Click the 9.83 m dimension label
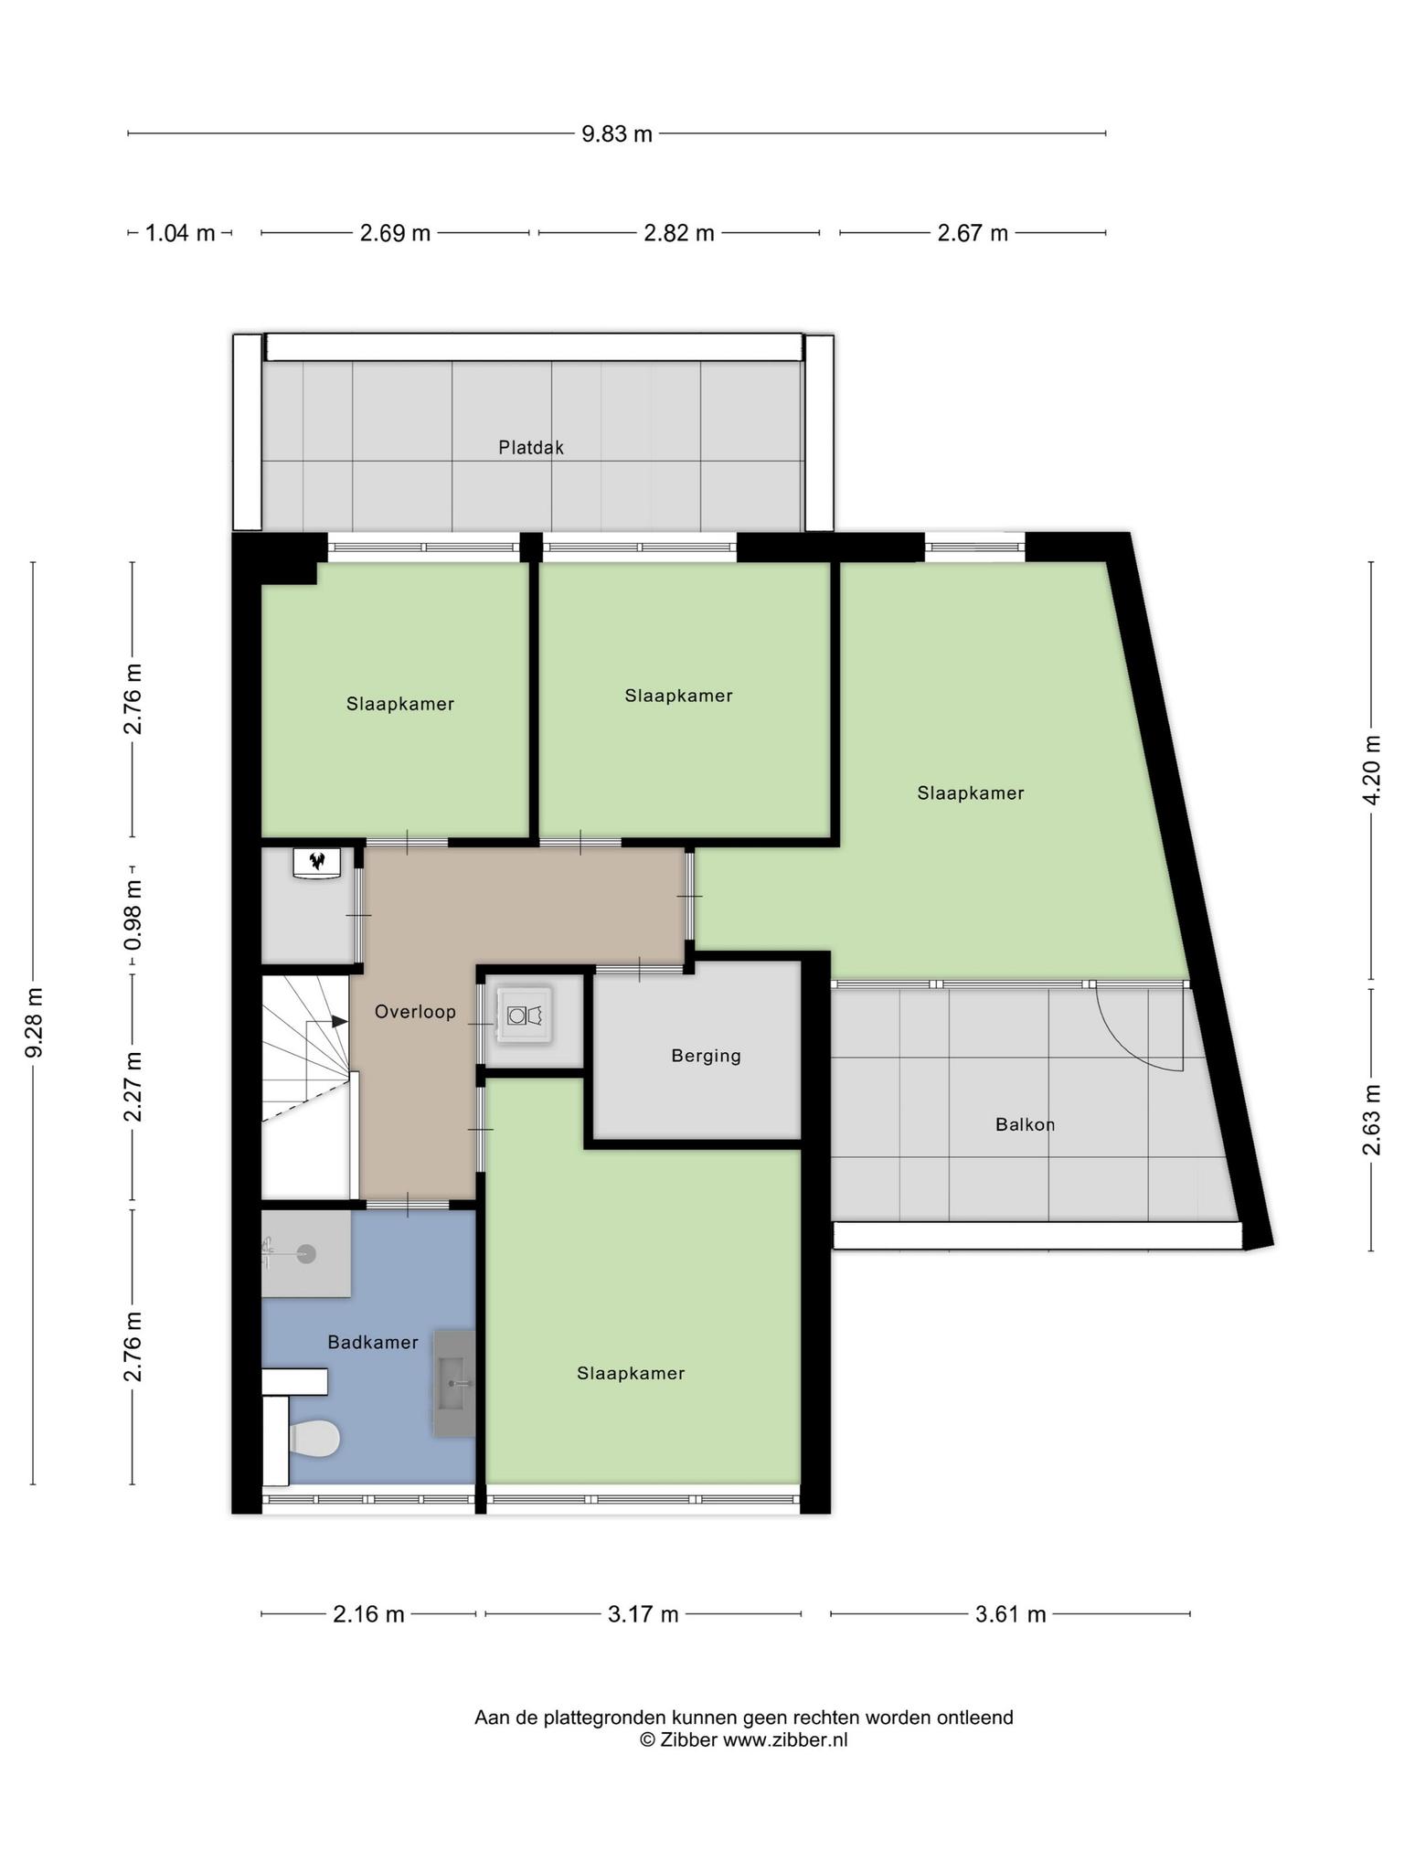tap(617, 134)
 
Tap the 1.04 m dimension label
tap(180, 233)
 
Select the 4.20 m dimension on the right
tap(1371, 770)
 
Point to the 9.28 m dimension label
tap(34, 1023)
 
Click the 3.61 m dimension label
tap(1010, 1614)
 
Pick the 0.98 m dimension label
tap(133, 914)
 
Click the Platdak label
tap(531, 448)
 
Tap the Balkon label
tap(1025, 1124)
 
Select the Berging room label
tap(706, 1056)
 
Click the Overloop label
tap(415, 1012)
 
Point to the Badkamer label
tap(373, 1342)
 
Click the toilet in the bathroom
tap(314, 1438)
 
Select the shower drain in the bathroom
tap(306, 1254)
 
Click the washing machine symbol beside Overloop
tap(525, 1015)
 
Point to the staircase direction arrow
tap(327, 1021)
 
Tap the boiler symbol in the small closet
tap(317, 862)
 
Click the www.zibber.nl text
tap(785, 1739)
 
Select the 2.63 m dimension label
tap(1371, 1119)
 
